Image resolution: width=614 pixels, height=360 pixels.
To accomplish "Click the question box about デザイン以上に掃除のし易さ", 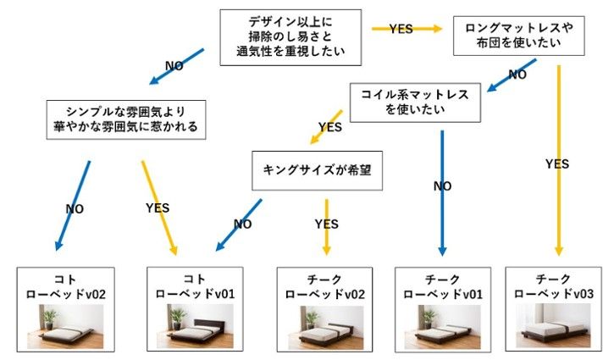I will [x=290, y=38].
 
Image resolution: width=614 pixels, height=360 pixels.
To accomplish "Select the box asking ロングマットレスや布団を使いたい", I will [x=519, y=37].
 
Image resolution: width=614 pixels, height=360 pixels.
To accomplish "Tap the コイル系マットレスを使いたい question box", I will [x=416, y=102].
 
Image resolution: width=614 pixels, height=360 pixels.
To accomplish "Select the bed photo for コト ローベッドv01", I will [x=202, y=326].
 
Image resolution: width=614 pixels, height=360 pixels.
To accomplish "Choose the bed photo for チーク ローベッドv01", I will [x=443, y=326].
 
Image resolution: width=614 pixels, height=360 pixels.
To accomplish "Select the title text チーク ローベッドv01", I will [x=443, y=286].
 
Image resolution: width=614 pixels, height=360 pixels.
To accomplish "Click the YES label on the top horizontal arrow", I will [x=401, y=29].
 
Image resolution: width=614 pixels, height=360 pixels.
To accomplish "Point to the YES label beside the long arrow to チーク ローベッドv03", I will [x=556, y=163].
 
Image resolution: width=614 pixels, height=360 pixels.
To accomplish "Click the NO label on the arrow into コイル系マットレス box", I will [x=517, y=75].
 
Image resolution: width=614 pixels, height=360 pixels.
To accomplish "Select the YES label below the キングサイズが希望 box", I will [x=326, y=224].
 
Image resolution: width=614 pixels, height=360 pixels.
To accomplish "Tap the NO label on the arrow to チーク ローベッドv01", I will [x=442, y=186].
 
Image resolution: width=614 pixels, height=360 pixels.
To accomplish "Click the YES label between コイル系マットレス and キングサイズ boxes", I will [x=329, y=128].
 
